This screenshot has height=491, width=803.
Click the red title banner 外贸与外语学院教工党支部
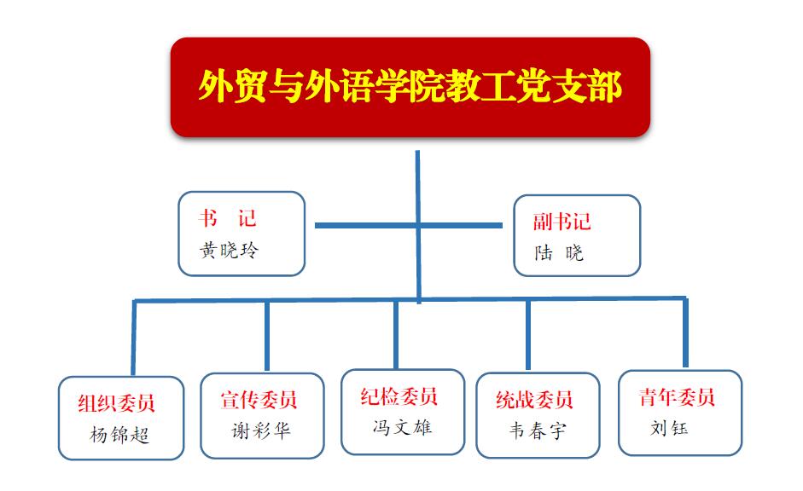point(410,87)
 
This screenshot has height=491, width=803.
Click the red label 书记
point(227,218)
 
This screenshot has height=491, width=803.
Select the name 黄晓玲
point(229,250)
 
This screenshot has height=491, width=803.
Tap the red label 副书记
point(562,222)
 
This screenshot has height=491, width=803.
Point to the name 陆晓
point(559,252)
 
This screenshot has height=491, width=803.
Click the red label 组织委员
point(116,403)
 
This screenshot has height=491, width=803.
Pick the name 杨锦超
point(119,435)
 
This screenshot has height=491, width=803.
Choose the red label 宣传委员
point(259,400)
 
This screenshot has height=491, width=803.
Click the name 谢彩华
point(261,431)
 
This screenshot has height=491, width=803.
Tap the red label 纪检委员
point(399,396)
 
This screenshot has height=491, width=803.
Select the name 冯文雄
point(403,427)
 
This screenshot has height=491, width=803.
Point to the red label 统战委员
point(534,400)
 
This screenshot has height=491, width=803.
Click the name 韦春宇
point(538,430)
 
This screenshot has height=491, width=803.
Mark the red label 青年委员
point(677,397)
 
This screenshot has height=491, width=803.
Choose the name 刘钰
point(669,428)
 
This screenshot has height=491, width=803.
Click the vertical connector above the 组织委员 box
point(134,338)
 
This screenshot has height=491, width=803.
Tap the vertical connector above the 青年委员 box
point(685,332)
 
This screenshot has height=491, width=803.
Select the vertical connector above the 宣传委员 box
point(267,336)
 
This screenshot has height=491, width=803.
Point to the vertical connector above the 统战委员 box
point(528,334)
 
